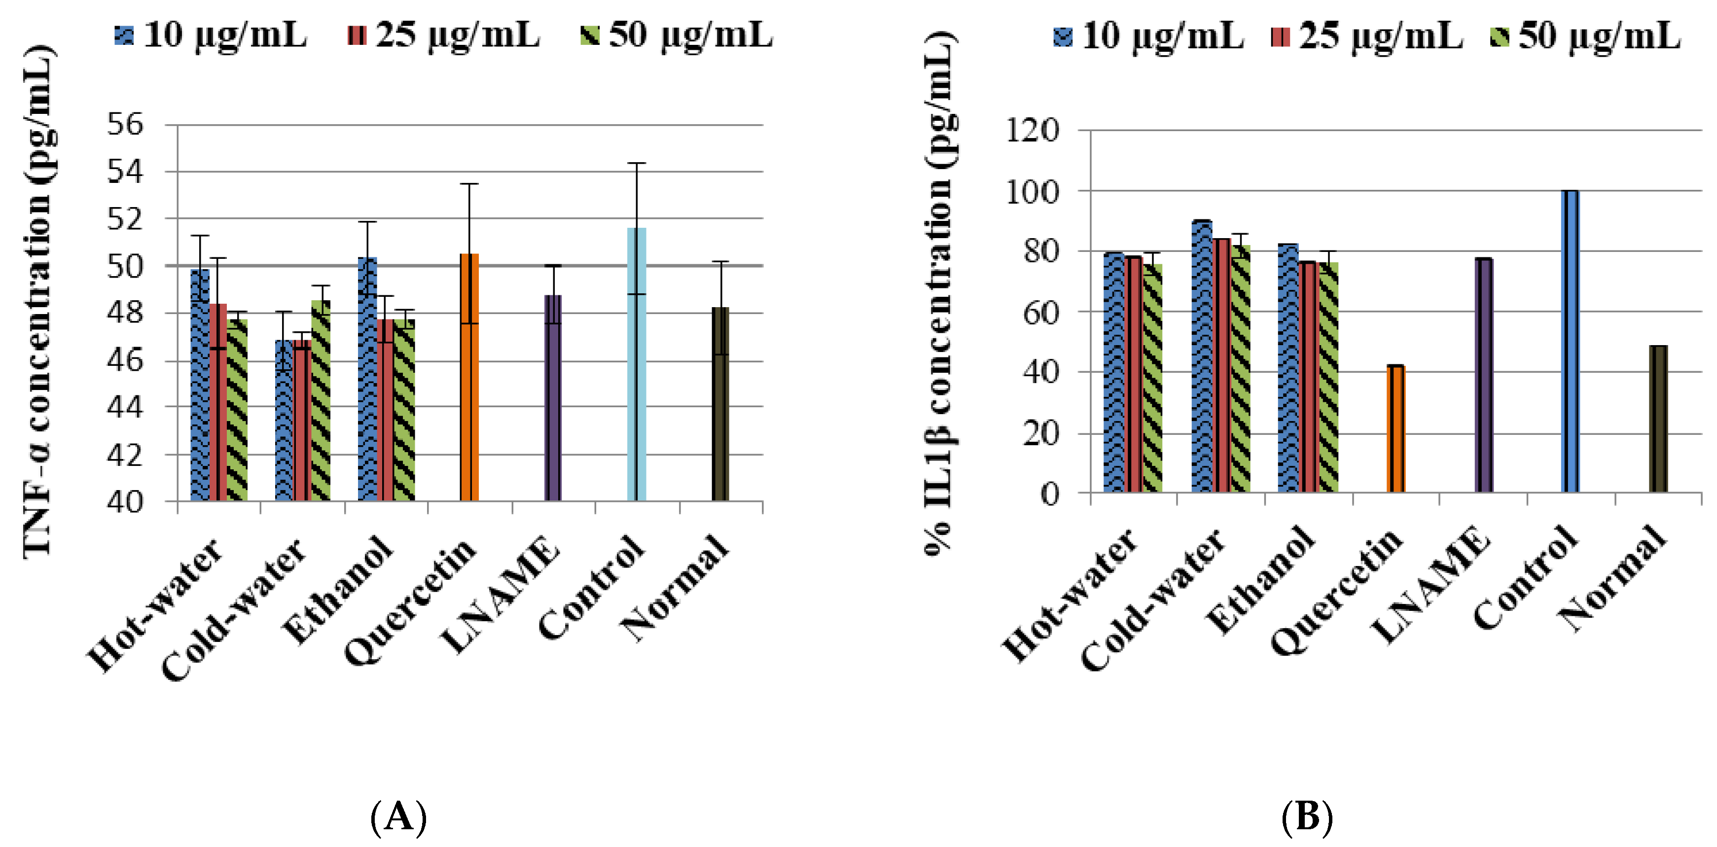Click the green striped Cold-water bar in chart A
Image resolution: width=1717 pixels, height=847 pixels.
coord(321,400)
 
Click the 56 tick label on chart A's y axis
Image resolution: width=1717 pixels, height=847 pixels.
coord(125,124)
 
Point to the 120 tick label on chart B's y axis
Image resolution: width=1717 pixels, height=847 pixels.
coord(1031,130)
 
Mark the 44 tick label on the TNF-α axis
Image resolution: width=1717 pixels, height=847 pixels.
coord(125,407)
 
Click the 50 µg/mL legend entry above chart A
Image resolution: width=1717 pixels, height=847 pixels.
coord(676,35)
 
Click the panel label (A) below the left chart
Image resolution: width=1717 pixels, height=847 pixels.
coord(398,817)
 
